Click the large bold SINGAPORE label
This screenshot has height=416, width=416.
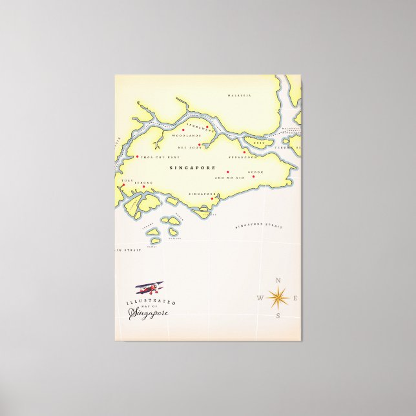click(192, 167)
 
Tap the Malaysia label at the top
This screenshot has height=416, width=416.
click(239, 96)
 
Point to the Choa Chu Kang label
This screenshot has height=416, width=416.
click(159, 157)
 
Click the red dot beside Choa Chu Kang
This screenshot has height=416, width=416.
click(137, 156)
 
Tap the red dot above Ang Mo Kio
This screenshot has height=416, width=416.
click(227, 171)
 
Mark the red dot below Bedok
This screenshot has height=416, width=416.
click(253, 176)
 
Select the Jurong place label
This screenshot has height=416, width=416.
click(143, 183)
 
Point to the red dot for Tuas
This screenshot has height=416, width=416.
click(123, 185)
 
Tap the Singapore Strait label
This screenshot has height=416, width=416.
click(258, 226)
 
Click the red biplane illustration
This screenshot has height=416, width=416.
click(149, 288)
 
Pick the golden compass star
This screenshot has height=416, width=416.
click(278, 297)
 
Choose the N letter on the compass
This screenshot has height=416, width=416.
click(278, 280)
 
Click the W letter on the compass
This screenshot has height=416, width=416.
click(260, 298)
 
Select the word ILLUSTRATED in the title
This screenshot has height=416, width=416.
click(151, 302)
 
